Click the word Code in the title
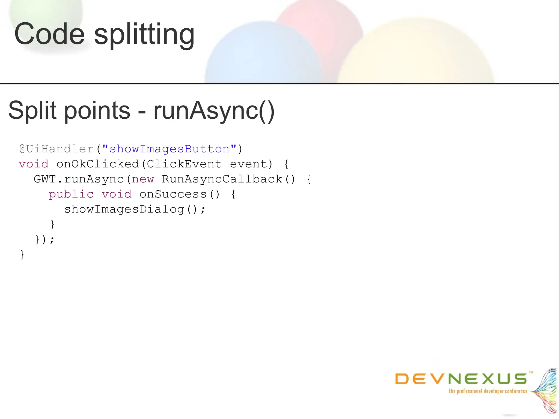(49, 34)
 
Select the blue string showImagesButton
(169, 149)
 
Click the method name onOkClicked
(98, 164)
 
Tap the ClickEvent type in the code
(184, 164)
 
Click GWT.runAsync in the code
(79, 179)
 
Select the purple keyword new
(143, 179)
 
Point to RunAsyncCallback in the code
(222, 179)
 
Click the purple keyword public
(71, 194)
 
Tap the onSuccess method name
(173, 194)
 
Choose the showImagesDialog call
(124, 209)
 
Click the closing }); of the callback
(45, 240)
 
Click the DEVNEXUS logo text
(461, 379)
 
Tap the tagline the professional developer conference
(488, 391)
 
